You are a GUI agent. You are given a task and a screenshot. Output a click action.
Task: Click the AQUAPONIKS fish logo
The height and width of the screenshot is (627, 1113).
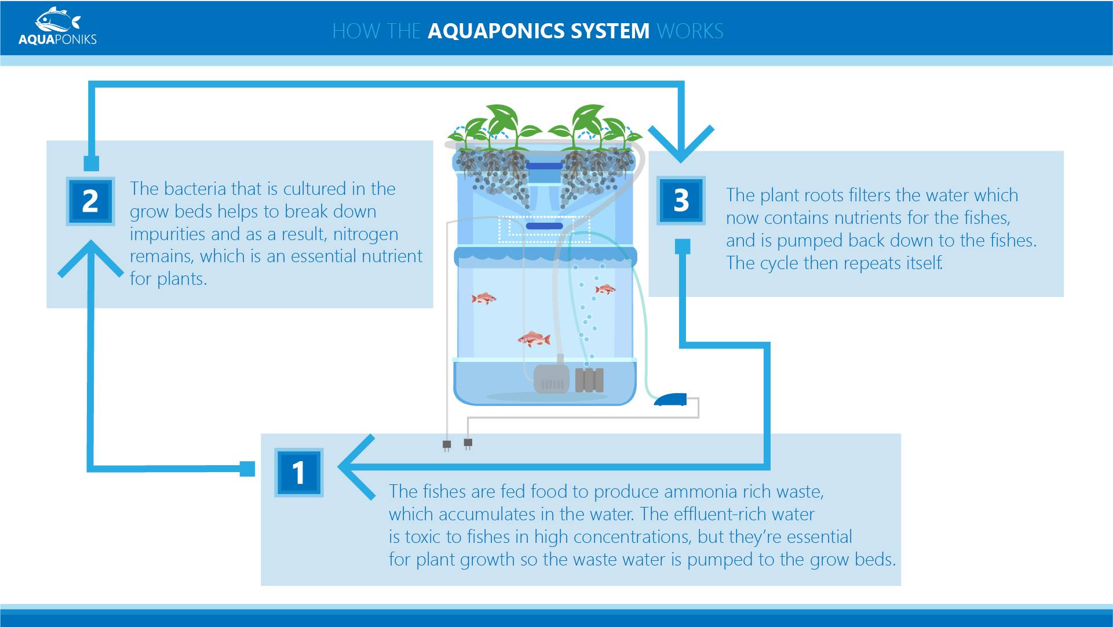pos(57,26)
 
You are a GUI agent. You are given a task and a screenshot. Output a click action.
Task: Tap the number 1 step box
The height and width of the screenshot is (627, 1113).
pos(298,472)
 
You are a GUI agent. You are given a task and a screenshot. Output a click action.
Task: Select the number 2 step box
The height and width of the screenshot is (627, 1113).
pos(90,201)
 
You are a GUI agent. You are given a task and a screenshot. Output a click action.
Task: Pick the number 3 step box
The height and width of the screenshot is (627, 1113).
pos(681,200)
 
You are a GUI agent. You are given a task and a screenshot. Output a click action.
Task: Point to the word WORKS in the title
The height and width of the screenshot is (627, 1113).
pos(690,31)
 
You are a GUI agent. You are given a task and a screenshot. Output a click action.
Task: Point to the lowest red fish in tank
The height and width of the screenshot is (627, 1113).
pos(534,339)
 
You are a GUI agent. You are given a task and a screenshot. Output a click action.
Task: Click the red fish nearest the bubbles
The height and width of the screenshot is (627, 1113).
pos(605,289)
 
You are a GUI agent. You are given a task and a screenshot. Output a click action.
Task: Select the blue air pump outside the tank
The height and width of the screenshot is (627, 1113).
pos(670,400)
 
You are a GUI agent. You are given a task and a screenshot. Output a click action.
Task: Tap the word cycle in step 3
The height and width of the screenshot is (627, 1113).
pos(783,263)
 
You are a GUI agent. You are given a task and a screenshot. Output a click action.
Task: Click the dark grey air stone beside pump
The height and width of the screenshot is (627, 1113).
pos(589,380)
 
